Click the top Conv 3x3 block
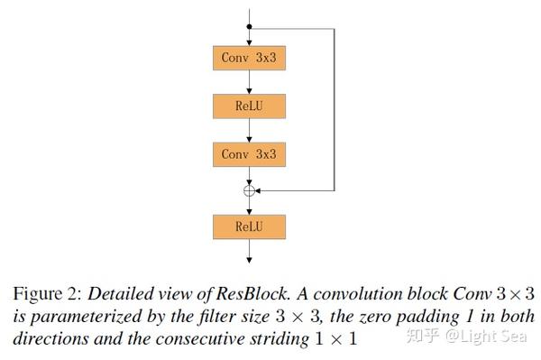[249, 59]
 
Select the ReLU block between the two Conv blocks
[249, 106]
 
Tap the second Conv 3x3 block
[249, 154]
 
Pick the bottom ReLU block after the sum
[249, 226]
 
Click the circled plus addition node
[250, 190]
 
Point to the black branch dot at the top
[250, 27]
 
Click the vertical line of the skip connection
[335, 108]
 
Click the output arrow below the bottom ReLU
[250, 254]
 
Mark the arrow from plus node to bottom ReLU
[250, 206]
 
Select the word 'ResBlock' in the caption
[248, 293]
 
